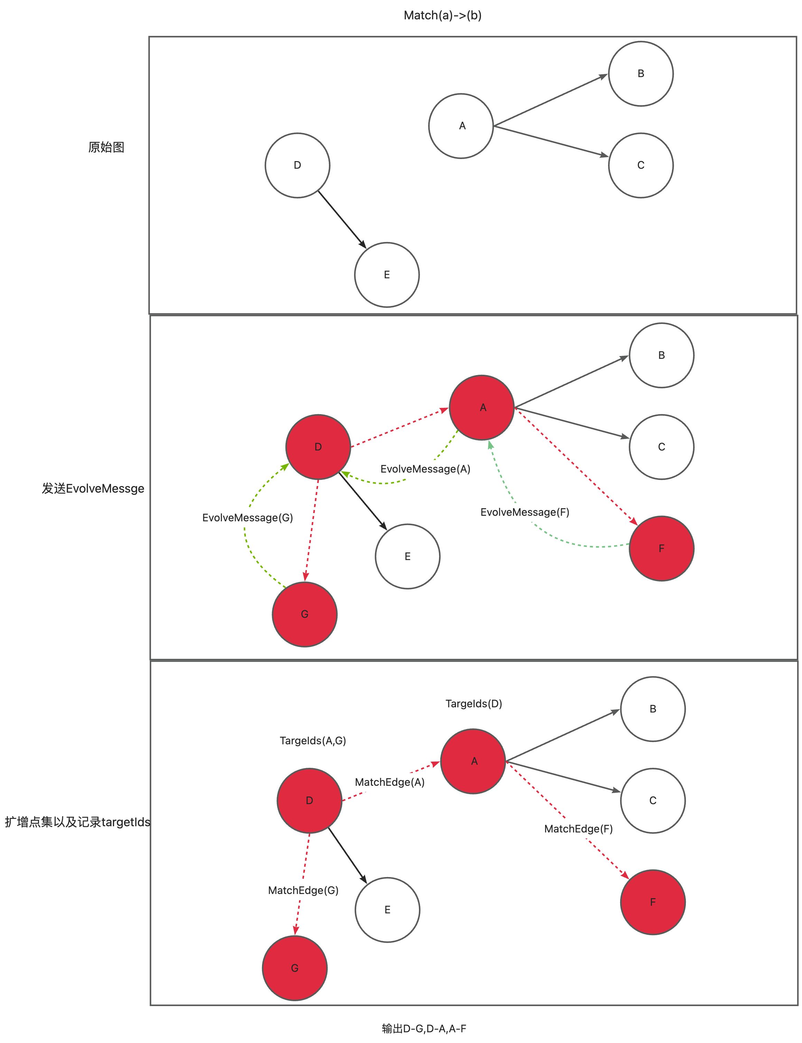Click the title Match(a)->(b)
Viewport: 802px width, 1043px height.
click(442, 15)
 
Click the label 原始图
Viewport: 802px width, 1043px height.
click(106, 147)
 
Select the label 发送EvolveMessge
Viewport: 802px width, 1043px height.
click(93, 488)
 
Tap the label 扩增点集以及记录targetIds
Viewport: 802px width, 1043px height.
click(77, 822)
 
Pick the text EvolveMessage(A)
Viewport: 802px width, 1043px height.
click(425, 469)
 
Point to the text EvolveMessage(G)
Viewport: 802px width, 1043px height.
click(247, 518)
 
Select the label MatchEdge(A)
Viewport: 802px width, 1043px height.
click(390, 782)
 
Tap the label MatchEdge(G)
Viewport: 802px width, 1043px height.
click(303, 890)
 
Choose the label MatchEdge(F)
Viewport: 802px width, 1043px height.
click(578, 829)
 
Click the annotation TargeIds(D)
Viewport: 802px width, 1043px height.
click(474, 704)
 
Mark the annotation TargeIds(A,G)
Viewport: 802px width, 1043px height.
click(313, 741)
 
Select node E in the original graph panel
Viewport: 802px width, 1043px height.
click(387, 275)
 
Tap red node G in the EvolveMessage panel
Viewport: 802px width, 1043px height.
click(305, 614)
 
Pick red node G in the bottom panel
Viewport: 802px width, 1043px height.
click(295, 968)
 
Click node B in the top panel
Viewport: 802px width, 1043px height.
click(641, 74)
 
